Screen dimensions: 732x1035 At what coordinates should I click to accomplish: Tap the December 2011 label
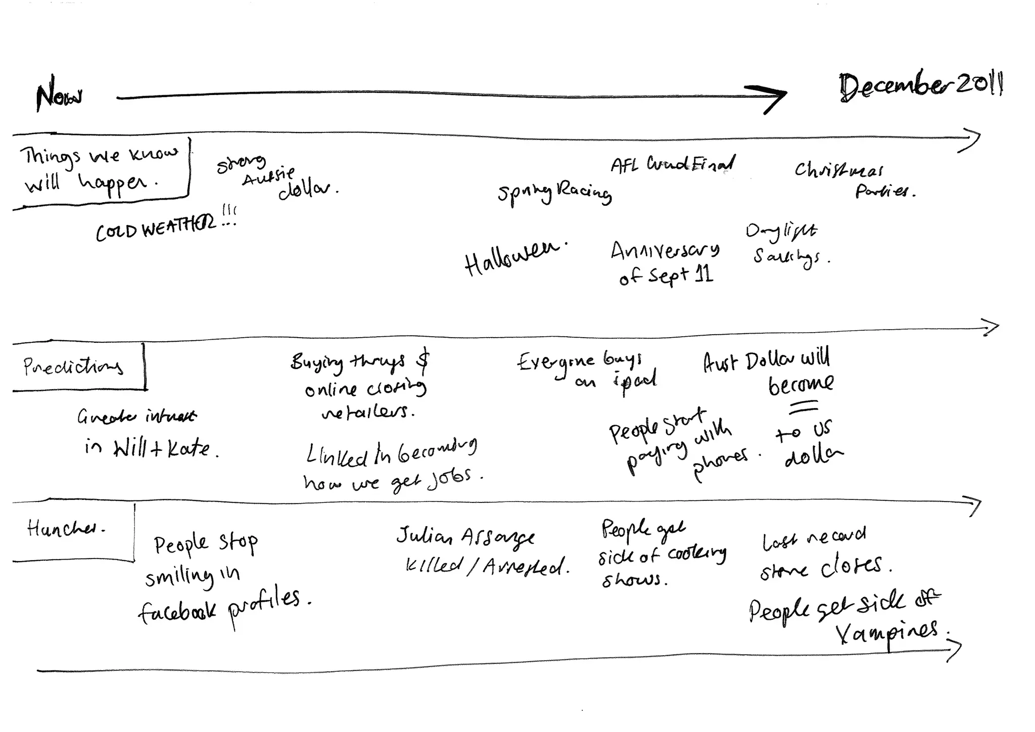tap(921, 86)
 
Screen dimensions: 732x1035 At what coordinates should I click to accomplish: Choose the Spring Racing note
tap(554, 193)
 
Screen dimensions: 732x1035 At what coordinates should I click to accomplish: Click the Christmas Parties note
tap(854, 179)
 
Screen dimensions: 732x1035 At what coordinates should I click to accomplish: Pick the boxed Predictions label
tap(73, 366)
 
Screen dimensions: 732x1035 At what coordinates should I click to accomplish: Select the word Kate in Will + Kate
tap(188, 448)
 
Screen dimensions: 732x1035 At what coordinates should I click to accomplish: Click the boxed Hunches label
tap(66, 529)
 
